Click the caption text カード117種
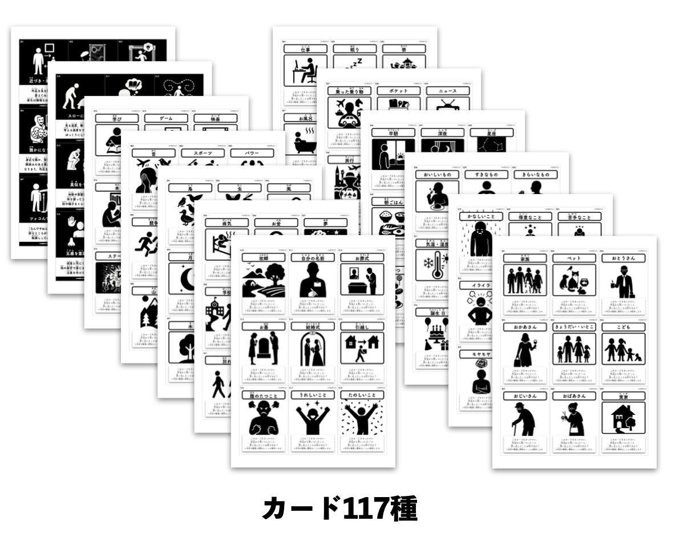click(x=339, y=509)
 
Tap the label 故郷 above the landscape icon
click(x=264, y=258)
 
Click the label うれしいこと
click(x=313, y=395)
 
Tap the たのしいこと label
click(x=362, y=395)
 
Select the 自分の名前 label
click(x=313, y=258)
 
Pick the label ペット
click(x=573, y=259)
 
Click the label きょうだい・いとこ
click(x=573, y=327)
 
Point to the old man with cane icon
click(x=524, y=418)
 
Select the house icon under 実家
click(x=623, y=418)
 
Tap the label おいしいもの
click(x=438, y=175)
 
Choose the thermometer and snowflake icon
click(x=433, y=265)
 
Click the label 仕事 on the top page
click(x=306, y=49)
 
